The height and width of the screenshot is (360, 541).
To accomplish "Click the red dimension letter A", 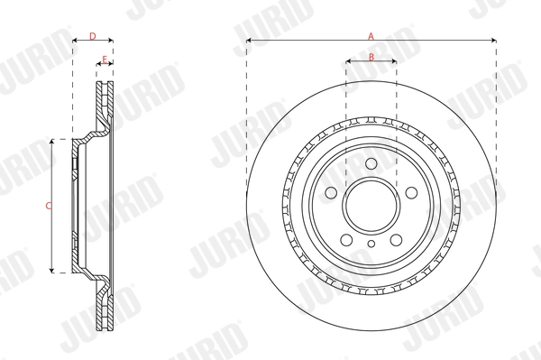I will tap(371, 35).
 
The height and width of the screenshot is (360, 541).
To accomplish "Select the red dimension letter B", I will tap(371, 57).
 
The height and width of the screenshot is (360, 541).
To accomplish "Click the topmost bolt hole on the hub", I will tap(371, 162).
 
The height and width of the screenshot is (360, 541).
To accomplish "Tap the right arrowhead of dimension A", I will tap(493, 41).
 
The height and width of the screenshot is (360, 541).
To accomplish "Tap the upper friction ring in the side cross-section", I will tap(103, 108).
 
